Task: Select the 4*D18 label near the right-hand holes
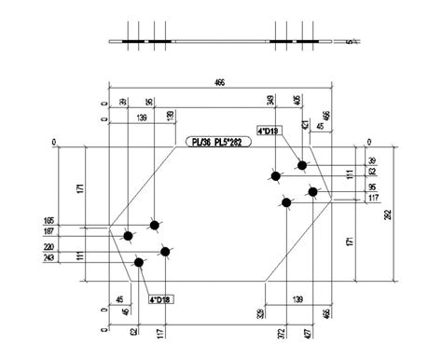269,132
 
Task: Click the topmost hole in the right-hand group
302,166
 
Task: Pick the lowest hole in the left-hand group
140,263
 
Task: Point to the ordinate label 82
372,173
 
